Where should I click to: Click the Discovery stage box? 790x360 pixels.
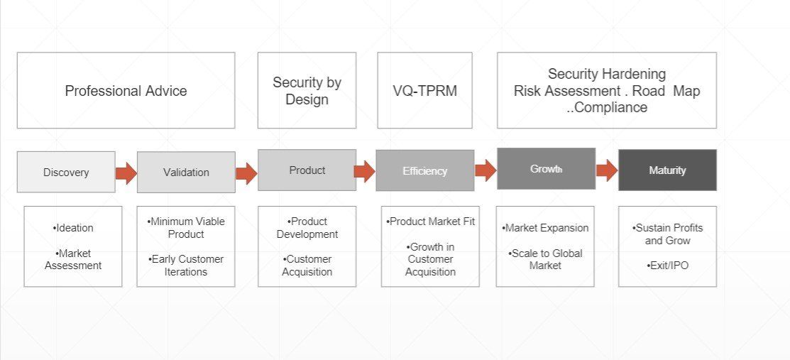tap(66, 172)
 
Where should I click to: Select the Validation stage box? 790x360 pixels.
tap(186, 172)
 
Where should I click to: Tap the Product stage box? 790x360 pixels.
tap(307, 170)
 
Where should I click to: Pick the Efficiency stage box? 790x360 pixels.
tap(425, 170)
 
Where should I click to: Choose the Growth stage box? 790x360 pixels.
tap(546, 169)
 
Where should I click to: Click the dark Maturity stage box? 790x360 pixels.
tap(667, 170)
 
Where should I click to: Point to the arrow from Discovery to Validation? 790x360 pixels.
tap(126, 173)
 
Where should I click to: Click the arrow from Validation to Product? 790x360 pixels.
tap(246, 173)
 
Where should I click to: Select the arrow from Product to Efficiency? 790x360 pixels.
tap(365, 170)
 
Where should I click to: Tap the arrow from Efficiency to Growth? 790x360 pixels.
tap(485, 170)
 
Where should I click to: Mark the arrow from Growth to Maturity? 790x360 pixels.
tap(607, 170)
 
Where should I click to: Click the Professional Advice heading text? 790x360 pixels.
tap(126, 91)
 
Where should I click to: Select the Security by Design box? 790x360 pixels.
tap(307, 90)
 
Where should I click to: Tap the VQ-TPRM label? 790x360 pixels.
tap(424, 91)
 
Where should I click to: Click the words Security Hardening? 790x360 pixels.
tap(607, 74)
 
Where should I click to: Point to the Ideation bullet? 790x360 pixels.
tap(73, 228)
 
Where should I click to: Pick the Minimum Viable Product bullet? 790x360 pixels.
tap(186, 227)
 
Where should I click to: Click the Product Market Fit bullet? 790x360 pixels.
tap(431, 222)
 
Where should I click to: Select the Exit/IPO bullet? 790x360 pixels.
tap(667, 265)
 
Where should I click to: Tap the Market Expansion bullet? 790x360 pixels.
tap(546, 228)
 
